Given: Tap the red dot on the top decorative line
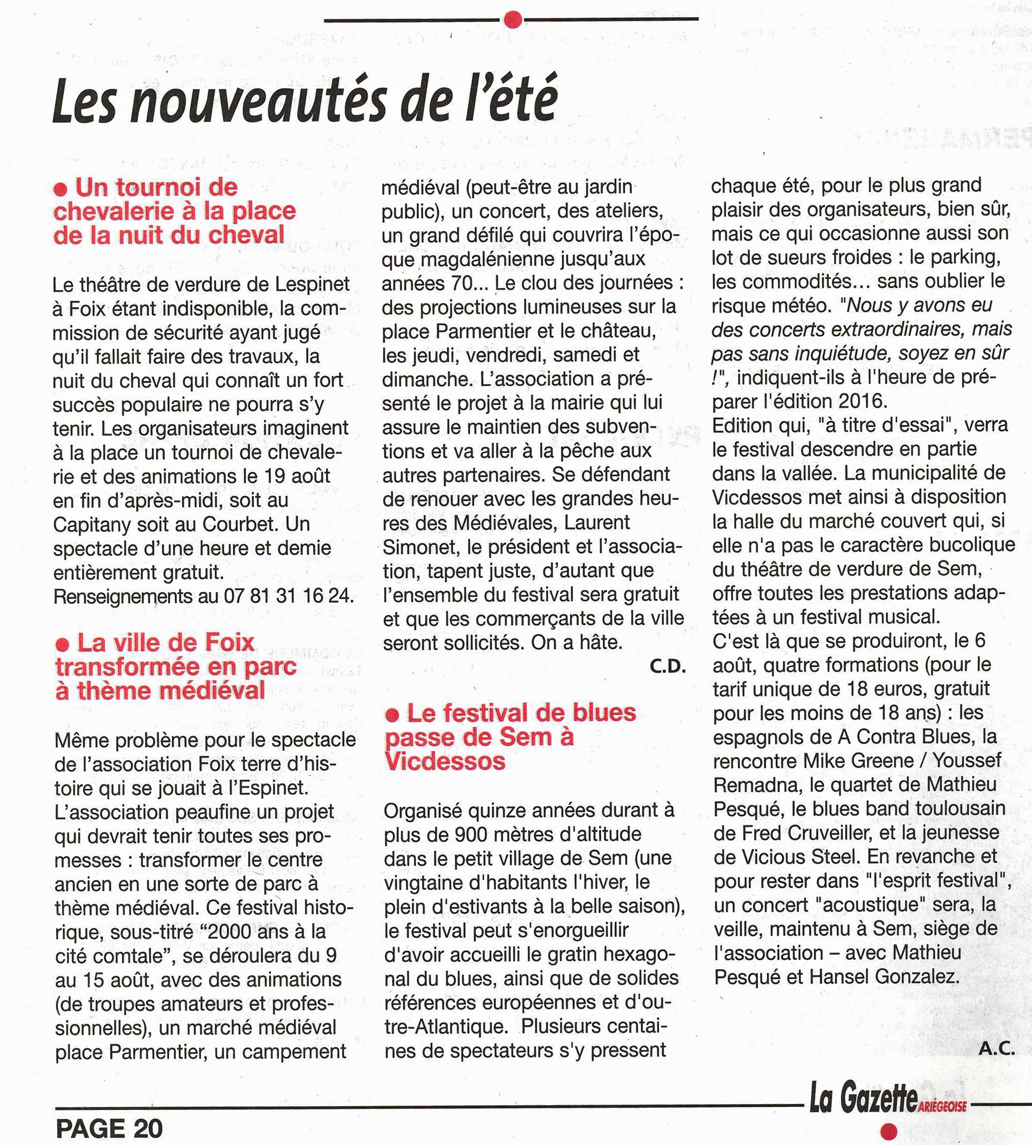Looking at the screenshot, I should click(x=513, y=19).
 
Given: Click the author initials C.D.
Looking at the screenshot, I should click(x=668, y=667).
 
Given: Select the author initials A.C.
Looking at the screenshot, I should click(x=996, y=1048).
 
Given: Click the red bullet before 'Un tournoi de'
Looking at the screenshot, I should click(x=61, y=188).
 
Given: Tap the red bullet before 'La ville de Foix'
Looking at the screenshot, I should click(x=63, y=644).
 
